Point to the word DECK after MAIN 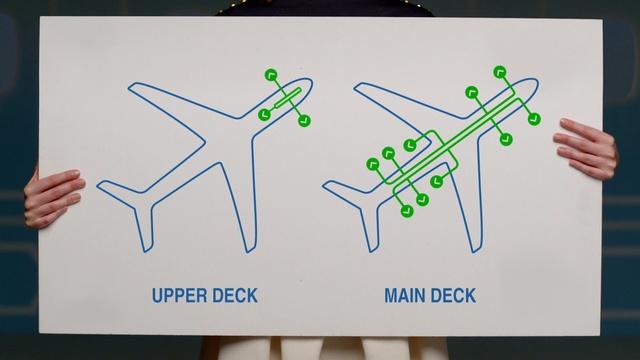point(453,296)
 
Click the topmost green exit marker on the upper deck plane point(271,75)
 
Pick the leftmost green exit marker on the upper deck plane point(264,114)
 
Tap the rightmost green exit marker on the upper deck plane point(304,120)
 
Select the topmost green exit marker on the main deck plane point(500,72)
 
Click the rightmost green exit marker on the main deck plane point(534,119)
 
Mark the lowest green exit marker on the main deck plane point(407,211)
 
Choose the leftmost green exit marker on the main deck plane point(373,164)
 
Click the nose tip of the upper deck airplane point(312,82)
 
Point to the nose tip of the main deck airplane point(538,82)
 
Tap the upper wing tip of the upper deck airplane point(129,86)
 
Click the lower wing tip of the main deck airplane point(476,251)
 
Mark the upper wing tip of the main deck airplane point(355,86)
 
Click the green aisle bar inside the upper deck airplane point(287,98)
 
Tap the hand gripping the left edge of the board point(53,197)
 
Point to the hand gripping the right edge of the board point(586,149)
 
